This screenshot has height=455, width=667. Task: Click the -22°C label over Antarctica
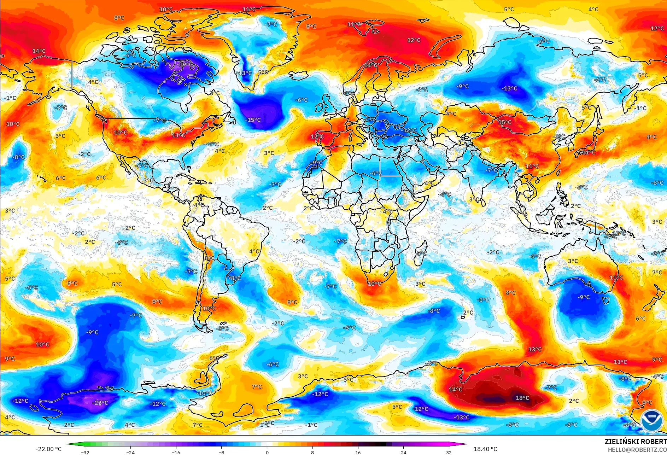(100, 403)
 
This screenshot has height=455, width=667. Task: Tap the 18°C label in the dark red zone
(522, 398)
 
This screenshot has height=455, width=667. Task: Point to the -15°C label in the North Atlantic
(253, 120)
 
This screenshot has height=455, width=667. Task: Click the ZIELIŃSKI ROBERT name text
(635, 442)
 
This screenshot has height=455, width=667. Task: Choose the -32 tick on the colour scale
(85, 452)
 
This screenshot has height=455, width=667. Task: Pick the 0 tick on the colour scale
(267, 452)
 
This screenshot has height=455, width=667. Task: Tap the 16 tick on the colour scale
(358, 452)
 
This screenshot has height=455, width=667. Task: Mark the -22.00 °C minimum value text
(48, 449)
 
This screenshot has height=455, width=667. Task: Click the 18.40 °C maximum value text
(485, 449)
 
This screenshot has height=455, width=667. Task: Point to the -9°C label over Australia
(584, 297)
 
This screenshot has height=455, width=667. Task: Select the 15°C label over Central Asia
(505, 122)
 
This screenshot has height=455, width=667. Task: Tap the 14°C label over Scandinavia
(371, 65)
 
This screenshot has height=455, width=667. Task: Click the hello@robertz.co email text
(637, 450)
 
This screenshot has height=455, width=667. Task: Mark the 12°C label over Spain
(317, 136)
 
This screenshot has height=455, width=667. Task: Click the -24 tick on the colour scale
(130, 452)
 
